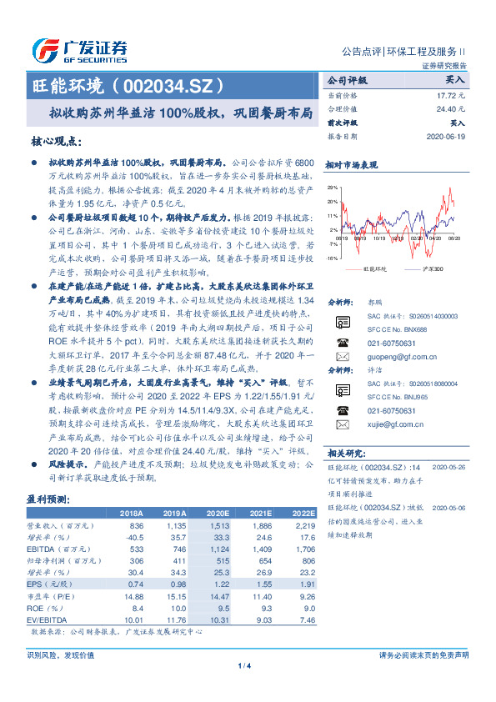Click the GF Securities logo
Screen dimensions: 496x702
tap(79, 50)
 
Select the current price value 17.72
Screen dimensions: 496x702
tap(452, 97)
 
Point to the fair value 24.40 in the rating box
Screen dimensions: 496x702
tap(452, 109)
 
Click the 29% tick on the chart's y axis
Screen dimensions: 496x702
tap(332, 188)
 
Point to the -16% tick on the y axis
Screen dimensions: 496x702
tap(332, 259)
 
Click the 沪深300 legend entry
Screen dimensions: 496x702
tap(432, 269)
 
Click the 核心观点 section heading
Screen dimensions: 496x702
tap(58, 142)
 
